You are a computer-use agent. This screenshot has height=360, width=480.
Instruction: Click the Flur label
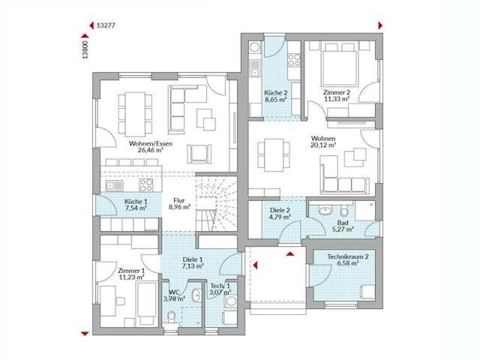178,201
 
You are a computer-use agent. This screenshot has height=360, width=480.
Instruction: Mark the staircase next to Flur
214,202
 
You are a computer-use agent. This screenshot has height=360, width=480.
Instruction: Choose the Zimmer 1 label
130,270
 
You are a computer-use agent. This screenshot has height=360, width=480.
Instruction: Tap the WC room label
173,292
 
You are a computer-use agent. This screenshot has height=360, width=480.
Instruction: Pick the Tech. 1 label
220,286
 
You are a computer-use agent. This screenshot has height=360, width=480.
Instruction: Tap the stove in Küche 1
145,184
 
